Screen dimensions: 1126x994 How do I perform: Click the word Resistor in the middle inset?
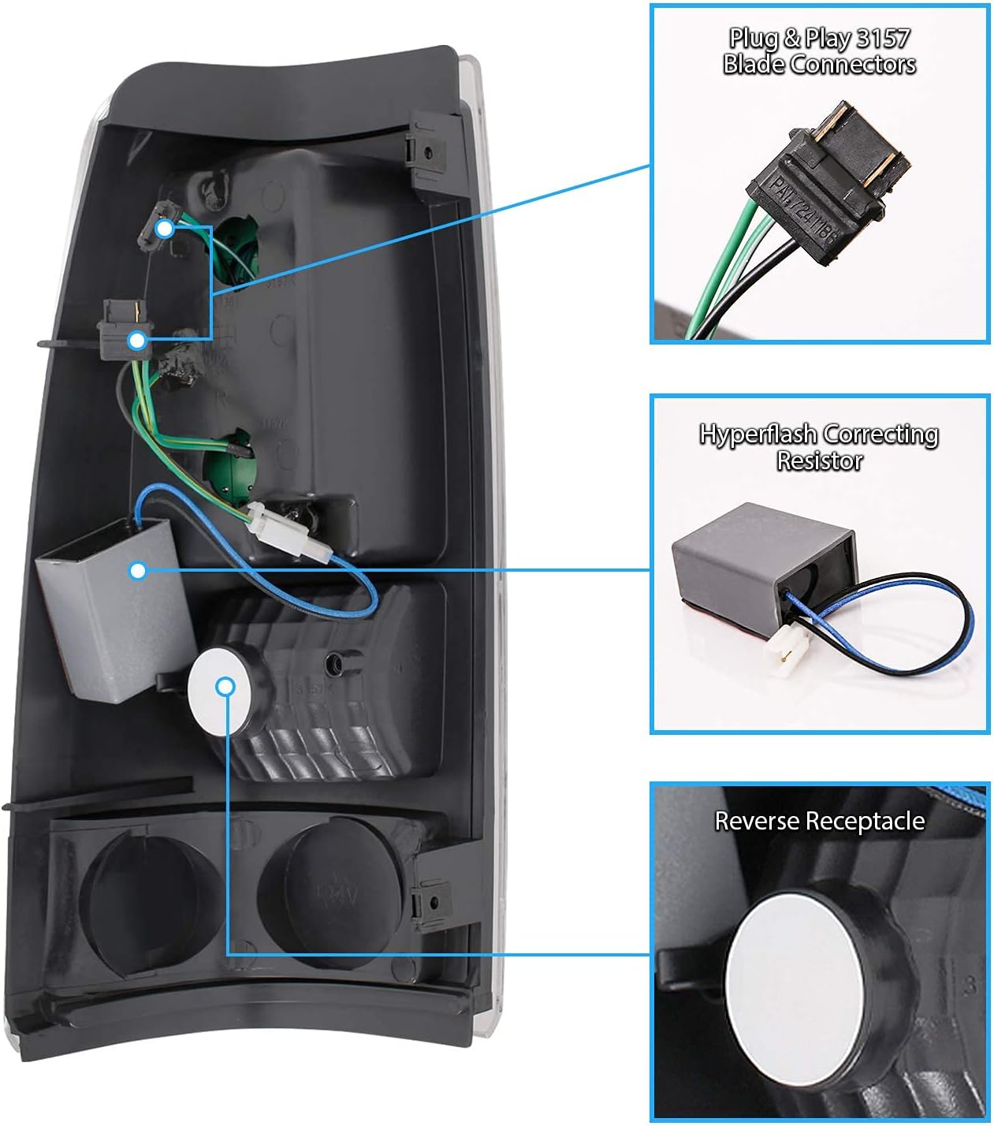click(x=820, y=460)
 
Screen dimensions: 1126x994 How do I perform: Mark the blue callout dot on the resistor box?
click(x=138, y=569)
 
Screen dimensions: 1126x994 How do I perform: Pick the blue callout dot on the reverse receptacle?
click(x=226, y=687)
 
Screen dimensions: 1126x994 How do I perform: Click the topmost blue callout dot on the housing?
click(x=165, y=229)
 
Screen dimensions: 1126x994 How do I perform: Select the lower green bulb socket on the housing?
click(x=226, y=451)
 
